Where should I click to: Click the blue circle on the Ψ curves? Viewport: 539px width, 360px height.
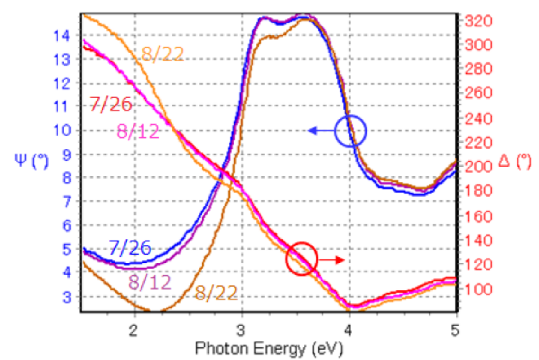351,131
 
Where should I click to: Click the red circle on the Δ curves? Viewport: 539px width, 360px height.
302,259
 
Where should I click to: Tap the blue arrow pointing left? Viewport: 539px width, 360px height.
321,131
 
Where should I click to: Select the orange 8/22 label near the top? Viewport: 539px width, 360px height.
163,54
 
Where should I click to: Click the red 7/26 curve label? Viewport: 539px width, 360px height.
110,105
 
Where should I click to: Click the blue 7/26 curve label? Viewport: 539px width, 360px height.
129,247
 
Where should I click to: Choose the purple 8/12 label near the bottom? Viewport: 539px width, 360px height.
150,282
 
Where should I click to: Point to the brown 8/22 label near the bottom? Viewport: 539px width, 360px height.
216,295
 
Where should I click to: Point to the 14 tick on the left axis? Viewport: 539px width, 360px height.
62,36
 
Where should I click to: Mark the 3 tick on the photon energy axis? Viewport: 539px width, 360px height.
242,329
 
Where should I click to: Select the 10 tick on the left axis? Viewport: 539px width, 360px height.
62,131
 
